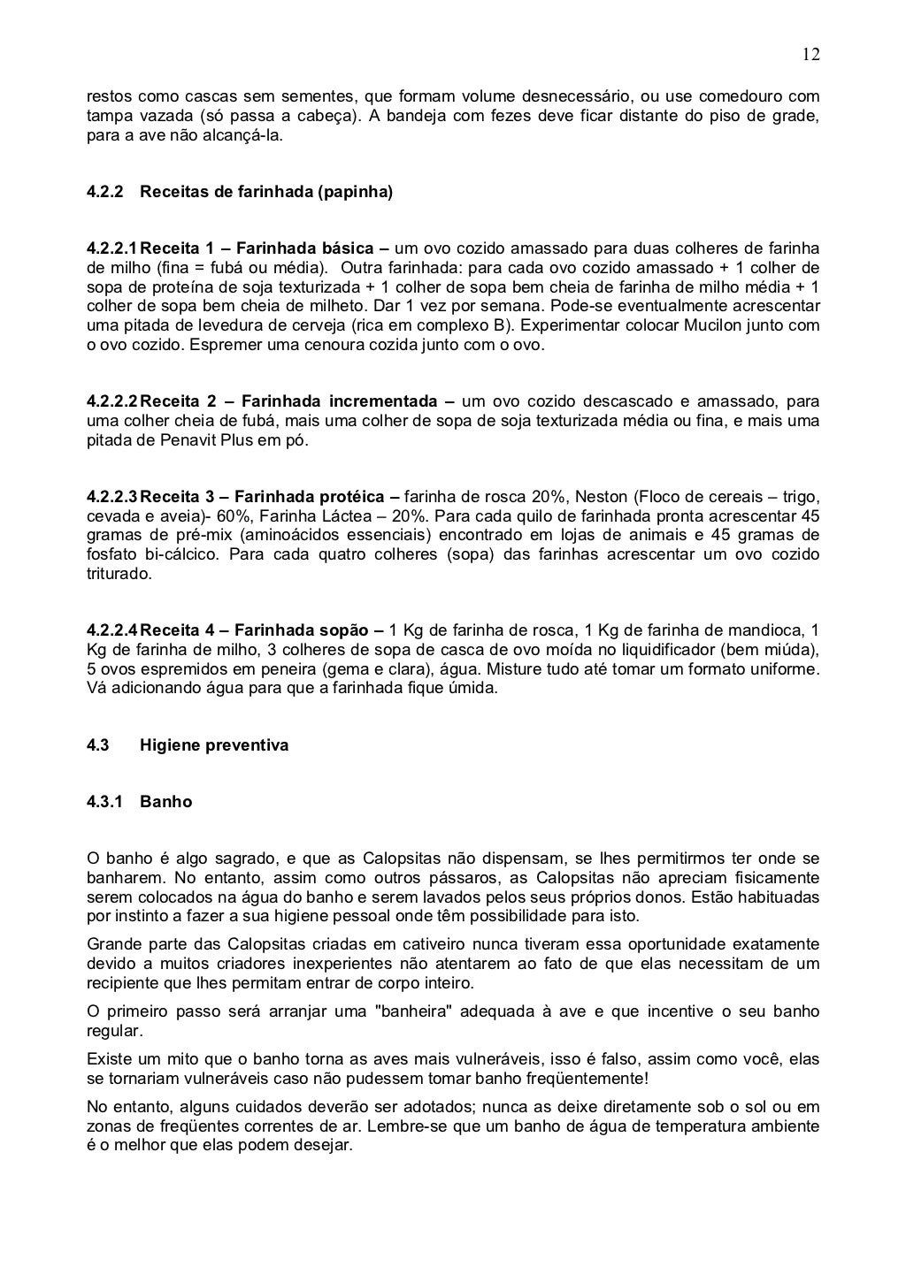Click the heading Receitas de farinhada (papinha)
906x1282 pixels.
coord(265,191)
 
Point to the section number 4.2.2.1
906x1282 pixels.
coord(112,248)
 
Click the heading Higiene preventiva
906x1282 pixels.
coord(214,745)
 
